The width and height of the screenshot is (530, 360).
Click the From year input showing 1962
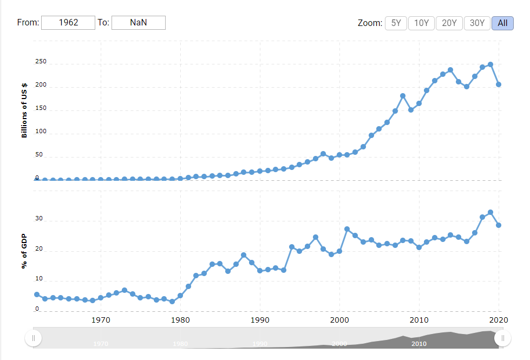(x=68, y=22)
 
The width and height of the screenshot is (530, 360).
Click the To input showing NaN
(x=138, y=22)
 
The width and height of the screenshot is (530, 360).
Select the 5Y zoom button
(x=396, y=23)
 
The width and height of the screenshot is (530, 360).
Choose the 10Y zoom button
(x=421, y=23)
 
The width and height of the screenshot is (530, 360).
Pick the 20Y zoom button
(x=449, y=23)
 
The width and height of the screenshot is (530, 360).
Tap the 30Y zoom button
(x=477, y=23)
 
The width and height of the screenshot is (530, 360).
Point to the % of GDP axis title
(x=24, y=251)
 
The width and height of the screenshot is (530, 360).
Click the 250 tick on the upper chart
(x=41, y=63)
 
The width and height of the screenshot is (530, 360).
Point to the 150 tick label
(x=41, y=109)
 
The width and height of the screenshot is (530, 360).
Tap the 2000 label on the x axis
(x=339, y=320)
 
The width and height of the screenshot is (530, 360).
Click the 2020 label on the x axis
(x=498, y=320)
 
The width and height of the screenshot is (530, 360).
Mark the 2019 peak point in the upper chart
(x=490, y=64)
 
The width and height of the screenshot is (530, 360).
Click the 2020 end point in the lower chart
(x=499, y=225)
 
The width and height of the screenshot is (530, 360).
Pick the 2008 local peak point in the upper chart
(x=403, y=96)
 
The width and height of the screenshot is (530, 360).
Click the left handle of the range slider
(x=33, y=338)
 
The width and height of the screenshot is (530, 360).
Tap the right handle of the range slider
(x=503, y=338)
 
